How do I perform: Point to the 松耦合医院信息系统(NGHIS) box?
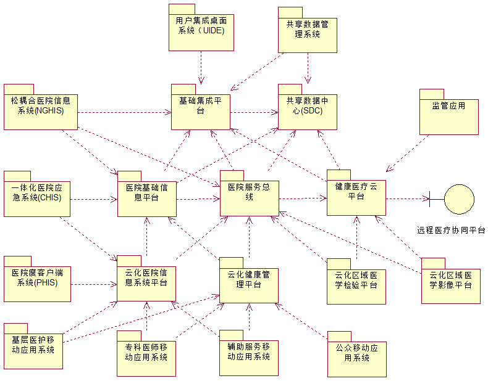pyautogui.click(x=41, y=110)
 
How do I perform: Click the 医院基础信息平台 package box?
pyautogui.click(x=147, y=198)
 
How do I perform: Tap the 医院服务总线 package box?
pyautogui.click(x=249, y=197)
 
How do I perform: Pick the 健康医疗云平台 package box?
pyautogui.click(x=356, y=197)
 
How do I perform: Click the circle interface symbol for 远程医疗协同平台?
pyautogui.click(x=458, y=199)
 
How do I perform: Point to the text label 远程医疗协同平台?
pyautogui.click(x=451, y=230)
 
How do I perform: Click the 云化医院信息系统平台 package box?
pyautogui.click(x=147, y=282)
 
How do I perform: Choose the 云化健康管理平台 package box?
pyautogui.click(x=249, y=284)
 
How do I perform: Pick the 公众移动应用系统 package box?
pyautogui.click(x=357, y=358)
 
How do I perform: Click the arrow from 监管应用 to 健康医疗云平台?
pyautogui.click(x=408, y=154)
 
